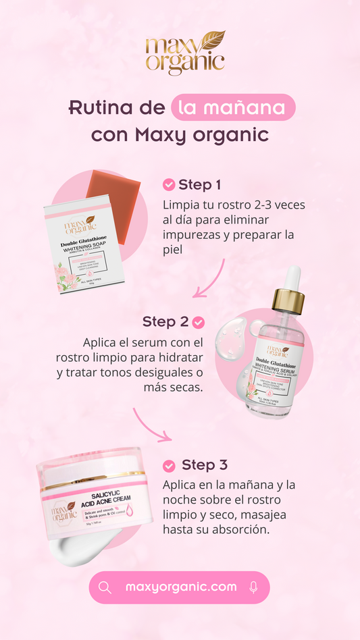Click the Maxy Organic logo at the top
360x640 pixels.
184,53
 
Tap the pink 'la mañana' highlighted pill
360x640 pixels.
233,108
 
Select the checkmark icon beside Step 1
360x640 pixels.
169,185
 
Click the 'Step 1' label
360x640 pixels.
199,185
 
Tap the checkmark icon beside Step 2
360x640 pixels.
198,322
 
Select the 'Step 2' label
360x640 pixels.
165,322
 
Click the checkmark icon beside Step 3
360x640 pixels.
169,465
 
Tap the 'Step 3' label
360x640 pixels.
204,465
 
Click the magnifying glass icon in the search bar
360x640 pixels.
105,587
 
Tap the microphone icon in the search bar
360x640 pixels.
253,587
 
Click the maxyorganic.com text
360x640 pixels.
180,587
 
